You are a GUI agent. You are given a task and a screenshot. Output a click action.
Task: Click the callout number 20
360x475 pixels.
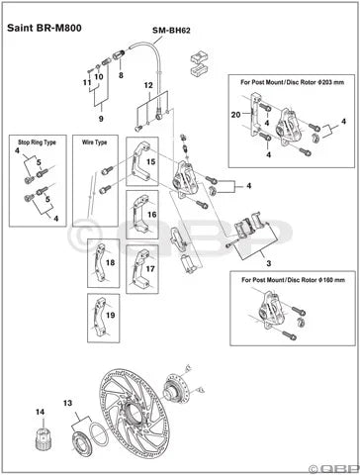coord(234,116)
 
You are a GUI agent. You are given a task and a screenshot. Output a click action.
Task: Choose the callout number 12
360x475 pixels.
coord(147,86)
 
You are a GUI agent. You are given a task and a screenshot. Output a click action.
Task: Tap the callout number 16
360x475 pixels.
coord(150,213)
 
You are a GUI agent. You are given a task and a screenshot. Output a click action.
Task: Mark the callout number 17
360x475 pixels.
coord(150,268)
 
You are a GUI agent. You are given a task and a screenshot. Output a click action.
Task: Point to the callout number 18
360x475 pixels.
coord(110,263)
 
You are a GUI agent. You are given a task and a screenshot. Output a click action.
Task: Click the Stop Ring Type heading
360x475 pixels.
coord(39,142)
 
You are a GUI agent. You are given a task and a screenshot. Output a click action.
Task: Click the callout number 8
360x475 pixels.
coord(120,75)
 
